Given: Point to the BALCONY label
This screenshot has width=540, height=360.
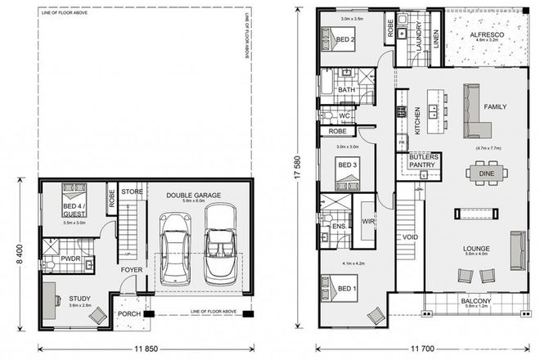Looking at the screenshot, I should point(475,302).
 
